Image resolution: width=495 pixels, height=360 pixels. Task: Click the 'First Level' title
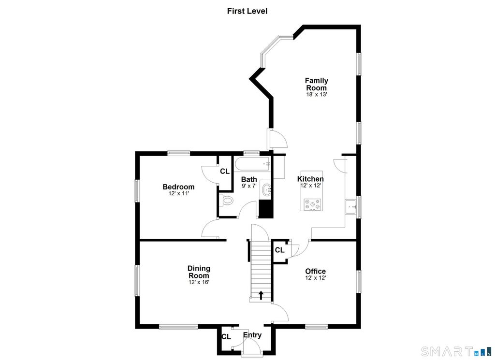pos(247,11)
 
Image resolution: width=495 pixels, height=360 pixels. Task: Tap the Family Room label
pos(316,84)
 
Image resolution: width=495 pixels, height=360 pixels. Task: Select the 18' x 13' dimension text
pos(316,94)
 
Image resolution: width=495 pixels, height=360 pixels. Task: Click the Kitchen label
pos(310,179)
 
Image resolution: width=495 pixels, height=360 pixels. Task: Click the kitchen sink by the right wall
pos(350,207)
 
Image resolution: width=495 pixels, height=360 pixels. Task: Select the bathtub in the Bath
pos(252,164)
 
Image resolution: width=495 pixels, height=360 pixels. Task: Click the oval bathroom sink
pos(266,190)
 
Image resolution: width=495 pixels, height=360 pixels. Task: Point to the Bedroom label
pos(178,187)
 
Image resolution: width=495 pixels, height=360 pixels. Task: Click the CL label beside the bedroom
pos(225,172)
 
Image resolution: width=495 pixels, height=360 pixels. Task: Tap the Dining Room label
pos(199,272)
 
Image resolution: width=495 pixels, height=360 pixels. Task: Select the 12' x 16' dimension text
pos(199,282)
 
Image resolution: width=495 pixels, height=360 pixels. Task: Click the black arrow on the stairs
pos(261,295)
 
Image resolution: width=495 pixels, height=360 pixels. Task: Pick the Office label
pos(315,272)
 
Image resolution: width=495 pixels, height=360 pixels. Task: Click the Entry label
pos(252,335)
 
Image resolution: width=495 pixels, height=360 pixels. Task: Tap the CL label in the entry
pos(226,337)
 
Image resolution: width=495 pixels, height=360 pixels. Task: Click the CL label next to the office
pos(280,250)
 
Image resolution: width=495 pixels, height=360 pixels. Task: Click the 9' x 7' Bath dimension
pos(249,186)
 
